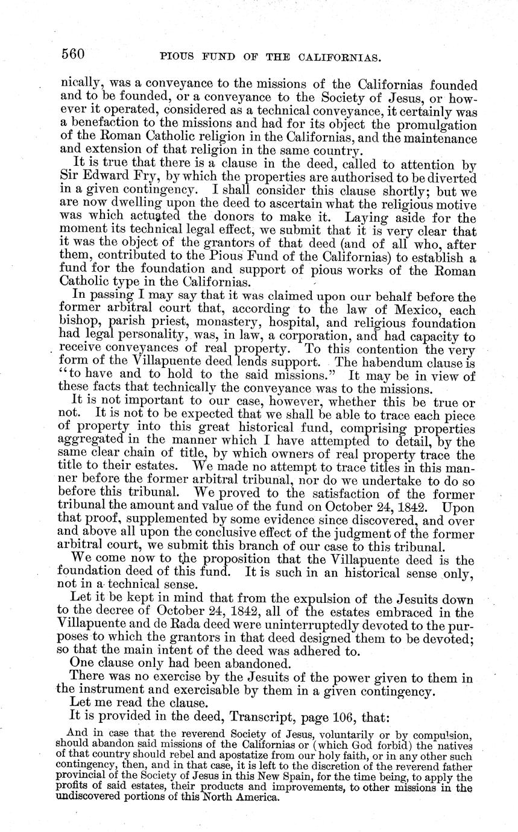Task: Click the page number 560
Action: click(x=73, y=54)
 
